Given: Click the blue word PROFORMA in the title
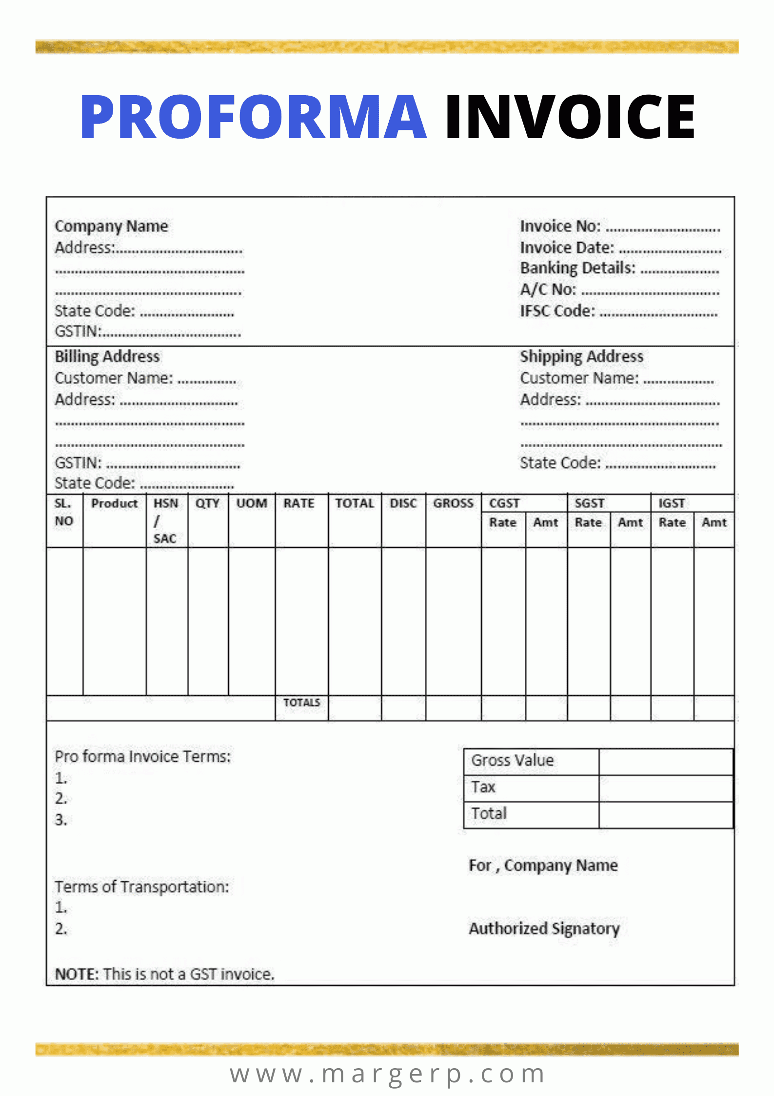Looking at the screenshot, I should tap(254, 117).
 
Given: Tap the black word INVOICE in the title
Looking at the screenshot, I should tap(570, 117).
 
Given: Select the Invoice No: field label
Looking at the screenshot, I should tap(560, 227).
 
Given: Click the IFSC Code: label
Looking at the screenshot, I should tap(557, 311).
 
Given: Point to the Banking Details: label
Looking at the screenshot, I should tap(577, 268).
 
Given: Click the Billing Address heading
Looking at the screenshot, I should tap(107, 356).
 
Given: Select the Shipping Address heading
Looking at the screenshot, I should tap(581, 356).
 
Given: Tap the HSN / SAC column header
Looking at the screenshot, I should tap(165, 521).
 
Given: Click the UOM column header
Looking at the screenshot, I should tap(252, 503).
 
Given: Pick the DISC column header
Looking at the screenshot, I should tap(403, 503).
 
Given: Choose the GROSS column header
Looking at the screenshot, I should tap(453, 503).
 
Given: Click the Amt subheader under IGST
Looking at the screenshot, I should tap(714, 522).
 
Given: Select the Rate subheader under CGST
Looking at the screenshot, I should tap(503, 522).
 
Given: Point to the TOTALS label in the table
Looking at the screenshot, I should tap(302, 703).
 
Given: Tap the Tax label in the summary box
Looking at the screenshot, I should tap(483, 787).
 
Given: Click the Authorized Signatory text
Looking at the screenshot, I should tap(544, 928).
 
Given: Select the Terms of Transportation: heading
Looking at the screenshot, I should tap(141, 887).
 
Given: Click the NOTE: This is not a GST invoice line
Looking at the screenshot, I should tap(164, 974).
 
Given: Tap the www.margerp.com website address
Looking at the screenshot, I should tap(387, 1074).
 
